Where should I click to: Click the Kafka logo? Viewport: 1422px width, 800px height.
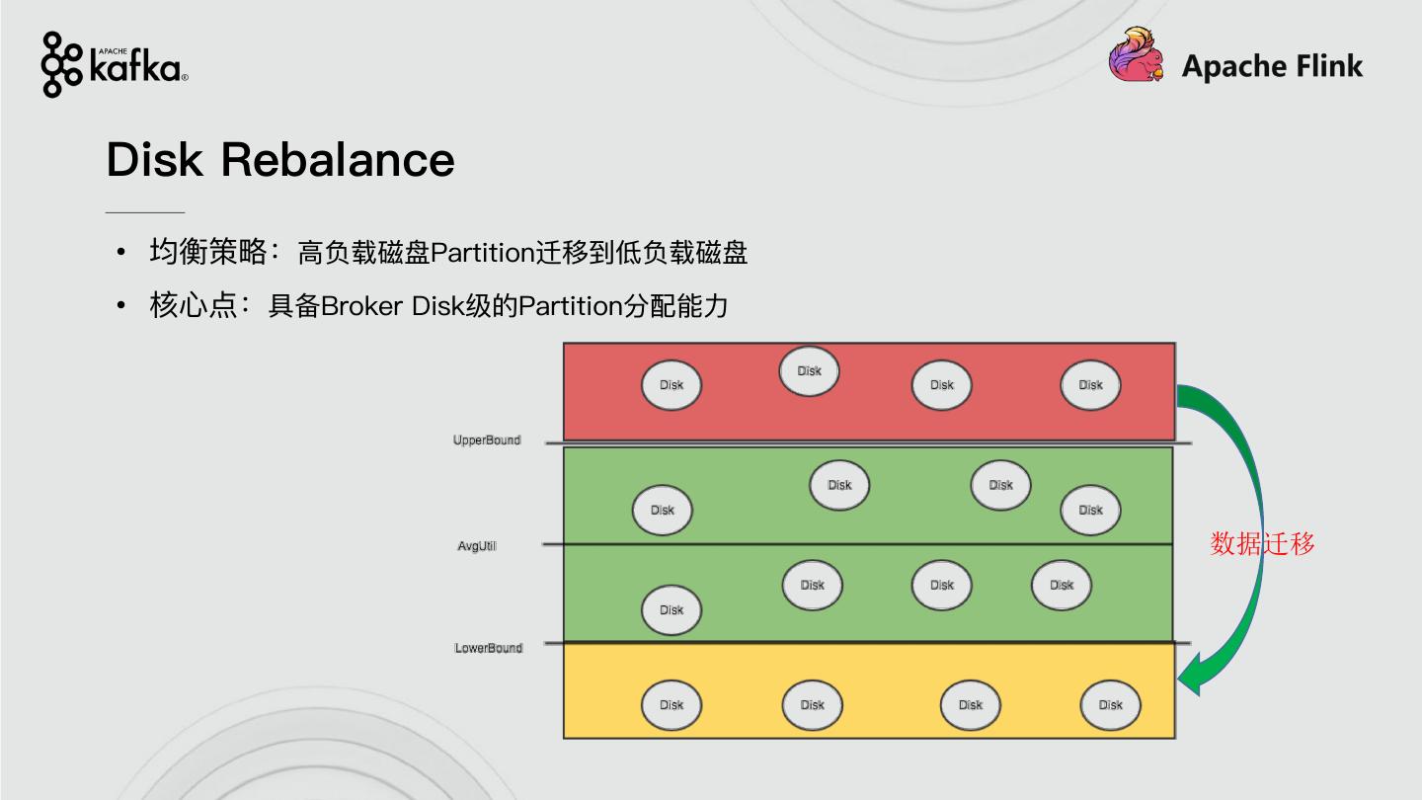(x=114, y=64)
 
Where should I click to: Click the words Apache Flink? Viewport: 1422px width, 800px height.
(x=1272, y=66)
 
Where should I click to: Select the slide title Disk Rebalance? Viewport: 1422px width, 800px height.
(x=280, y=160)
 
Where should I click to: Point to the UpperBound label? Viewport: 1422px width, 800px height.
(x=487, y=440)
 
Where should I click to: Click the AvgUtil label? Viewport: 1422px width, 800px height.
(x=477, y=546)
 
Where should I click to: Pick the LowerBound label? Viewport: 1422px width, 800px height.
(x=488, y=648)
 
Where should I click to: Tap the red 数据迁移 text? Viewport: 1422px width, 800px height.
(x=1262, y=543)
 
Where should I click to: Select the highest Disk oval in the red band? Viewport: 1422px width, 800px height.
(x=809, y=370)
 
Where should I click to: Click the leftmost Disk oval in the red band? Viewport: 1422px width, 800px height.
(x=671, y=385)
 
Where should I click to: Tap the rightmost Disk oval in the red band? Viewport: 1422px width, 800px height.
(x=1090, y=385)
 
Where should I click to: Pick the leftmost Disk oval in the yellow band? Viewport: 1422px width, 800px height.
(x=671, y=705)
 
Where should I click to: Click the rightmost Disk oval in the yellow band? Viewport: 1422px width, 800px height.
(x=1110, y=705)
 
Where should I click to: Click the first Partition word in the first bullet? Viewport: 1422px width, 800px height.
(x=483, y=253)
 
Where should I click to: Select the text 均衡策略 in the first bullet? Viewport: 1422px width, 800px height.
(x=208, y=252)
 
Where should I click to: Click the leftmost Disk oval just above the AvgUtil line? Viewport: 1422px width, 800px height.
(x=662, y=511)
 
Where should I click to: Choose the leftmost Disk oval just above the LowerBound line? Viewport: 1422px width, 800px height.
(x=671, y=610)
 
